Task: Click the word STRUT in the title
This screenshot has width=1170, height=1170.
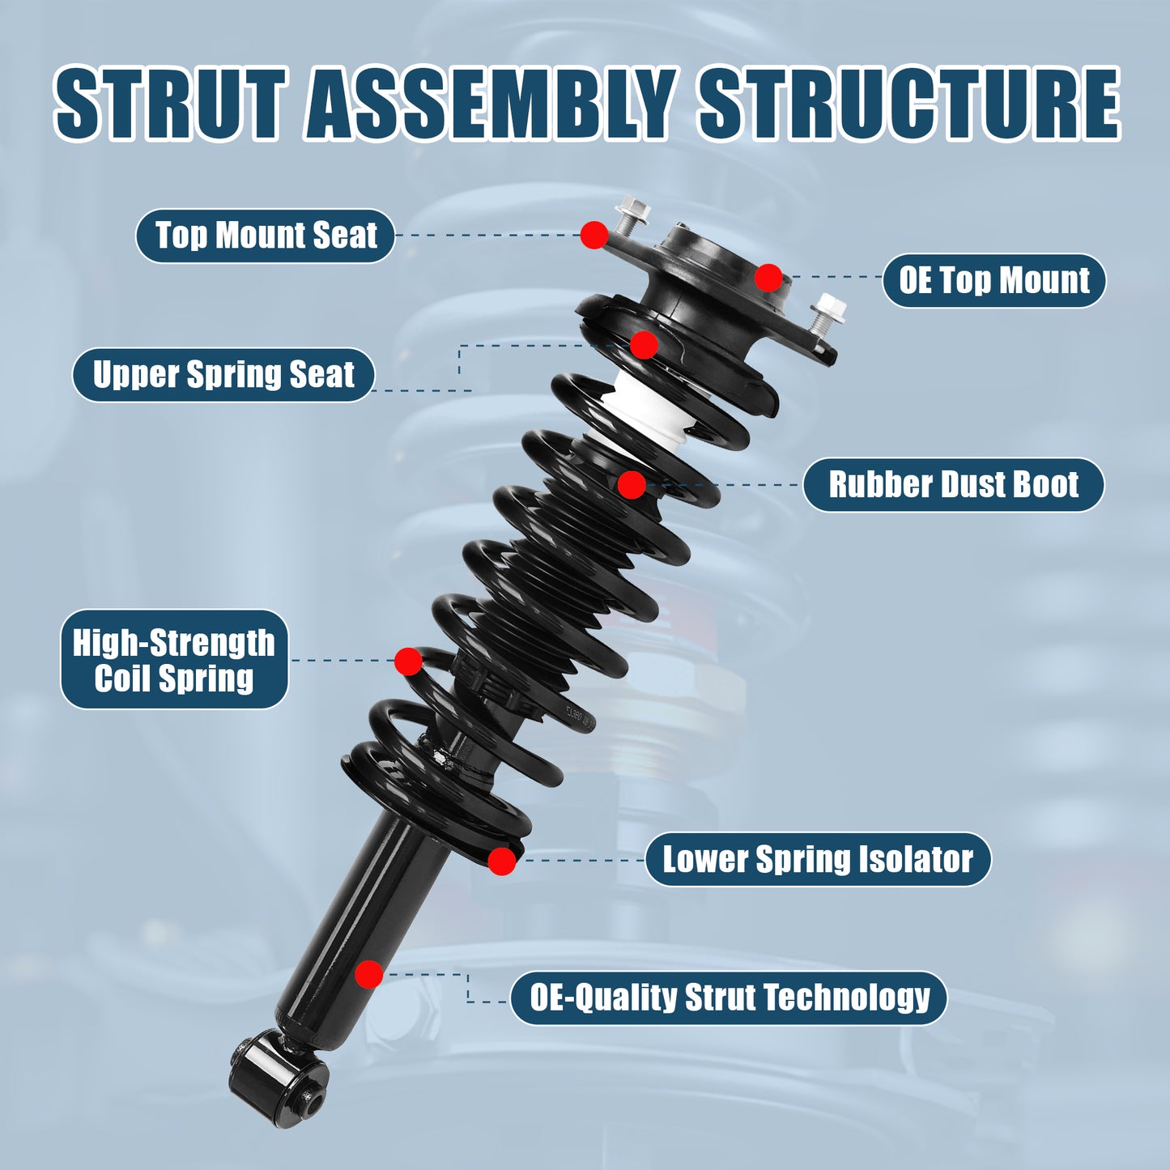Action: coord(170,104)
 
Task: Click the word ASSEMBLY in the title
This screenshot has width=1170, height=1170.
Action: coord(491,104)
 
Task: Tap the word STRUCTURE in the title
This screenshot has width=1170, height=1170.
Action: coord(908,104)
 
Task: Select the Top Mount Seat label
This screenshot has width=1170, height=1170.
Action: coord(266,236)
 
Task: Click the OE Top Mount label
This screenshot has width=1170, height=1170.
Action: coord(993,281)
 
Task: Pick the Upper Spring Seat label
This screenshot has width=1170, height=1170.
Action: coord(223,375)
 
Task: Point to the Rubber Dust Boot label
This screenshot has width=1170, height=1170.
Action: coord(953,485)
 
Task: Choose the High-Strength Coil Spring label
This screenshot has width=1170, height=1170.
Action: coord(174,660)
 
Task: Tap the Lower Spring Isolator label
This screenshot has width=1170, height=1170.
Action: coord(818,859)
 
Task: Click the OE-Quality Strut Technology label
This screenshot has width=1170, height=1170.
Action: coord(729,998)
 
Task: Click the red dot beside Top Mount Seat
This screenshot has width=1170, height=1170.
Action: coord(594,235)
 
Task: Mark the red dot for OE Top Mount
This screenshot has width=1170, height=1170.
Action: coord(768,278)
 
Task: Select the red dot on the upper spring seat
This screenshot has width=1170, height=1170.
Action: coord(644,345)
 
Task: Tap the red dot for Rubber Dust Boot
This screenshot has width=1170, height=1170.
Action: coord(632,485)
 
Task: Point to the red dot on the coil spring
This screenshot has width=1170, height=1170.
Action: coord(408,661)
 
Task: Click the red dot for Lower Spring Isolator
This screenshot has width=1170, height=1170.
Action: coord(502,861)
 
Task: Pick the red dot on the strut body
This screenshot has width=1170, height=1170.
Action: coord(369,974)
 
